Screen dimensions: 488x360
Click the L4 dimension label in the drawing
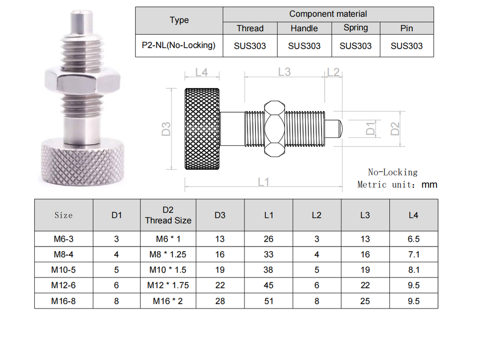point(202,72)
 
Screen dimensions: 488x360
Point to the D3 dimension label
point(166,129)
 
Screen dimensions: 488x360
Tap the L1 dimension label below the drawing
point(264,182)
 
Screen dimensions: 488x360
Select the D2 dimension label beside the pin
point(395,129)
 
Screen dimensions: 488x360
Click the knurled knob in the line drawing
point(202,129)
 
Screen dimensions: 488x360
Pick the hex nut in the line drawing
point(274,129)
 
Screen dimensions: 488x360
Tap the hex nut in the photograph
point(82,80)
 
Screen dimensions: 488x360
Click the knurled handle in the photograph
point(82,163)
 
